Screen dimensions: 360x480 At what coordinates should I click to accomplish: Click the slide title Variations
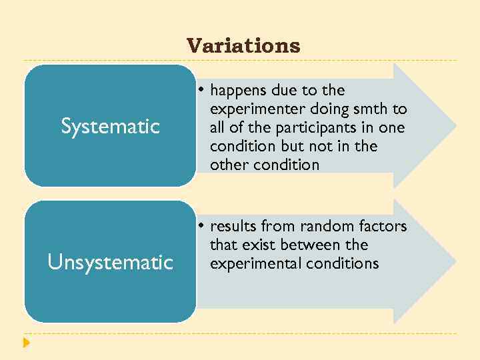(243, 46)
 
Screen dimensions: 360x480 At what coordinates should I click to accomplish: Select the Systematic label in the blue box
(110, 126)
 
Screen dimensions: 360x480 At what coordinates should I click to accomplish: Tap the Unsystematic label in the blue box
(110, 263)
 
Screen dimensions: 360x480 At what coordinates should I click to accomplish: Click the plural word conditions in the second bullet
(343, 263)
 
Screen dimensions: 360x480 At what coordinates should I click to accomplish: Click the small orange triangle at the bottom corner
(26, 343)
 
